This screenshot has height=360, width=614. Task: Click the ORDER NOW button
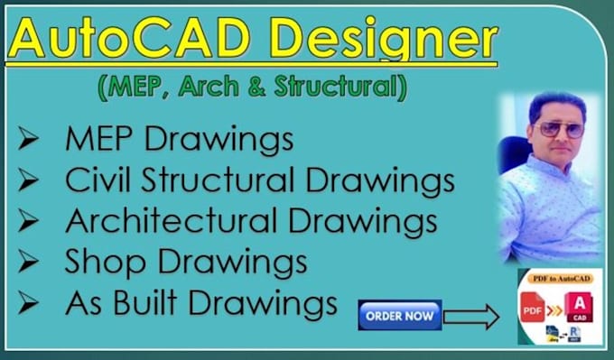(x=399, y=316)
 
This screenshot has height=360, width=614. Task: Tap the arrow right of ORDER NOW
(x=471, y=317)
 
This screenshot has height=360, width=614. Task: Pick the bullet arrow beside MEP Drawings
(x=28, y=141)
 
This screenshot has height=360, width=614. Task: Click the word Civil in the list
(x=97, y=180)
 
